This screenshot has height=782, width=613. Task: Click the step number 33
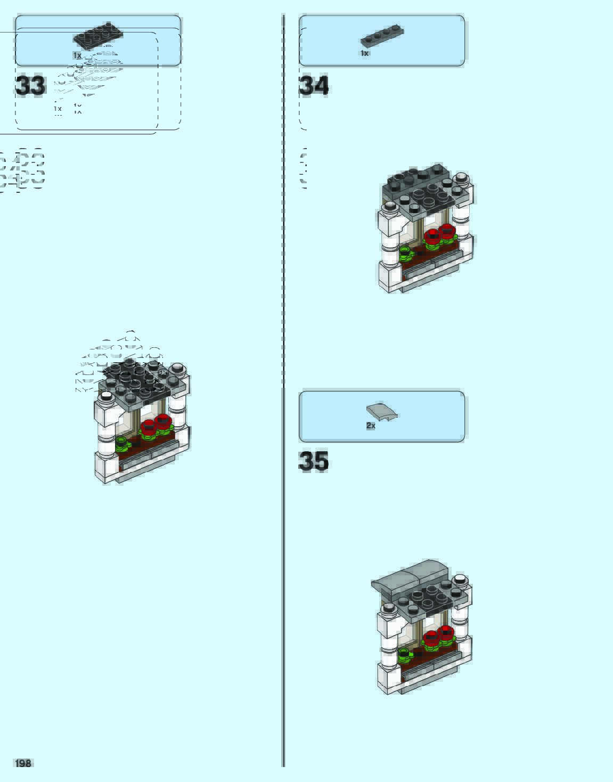tap(30, 86)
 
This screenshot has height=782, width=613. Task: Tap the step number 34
tap(314, 86)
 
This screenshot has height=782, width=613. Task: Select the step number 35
tap(313, 461)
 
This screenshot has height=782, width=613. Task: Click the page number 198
tap(23, 763)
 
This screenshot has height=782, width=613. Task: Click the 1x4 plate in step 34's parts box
tap(382, 36)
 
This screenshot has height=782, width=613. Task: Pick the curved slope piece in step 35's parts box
tap(382, 411)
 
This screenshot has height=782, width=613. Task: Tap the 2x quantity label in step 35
tap(371, 426)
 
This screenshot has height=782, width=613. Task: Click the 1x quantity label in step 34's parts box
tap(364, 53)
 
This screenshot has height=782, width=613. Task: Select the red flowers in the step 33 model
tap(156, 425)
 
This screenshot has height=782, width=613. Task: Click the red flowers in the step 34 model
tap(440, 234)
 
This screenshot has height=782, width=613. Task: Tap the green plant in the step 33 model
tap(122, 443)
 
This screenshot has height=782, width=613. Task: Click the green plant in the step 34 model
tap(406, 252)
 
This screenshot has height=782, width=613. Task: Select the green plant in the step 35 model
tap(405, 654)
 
